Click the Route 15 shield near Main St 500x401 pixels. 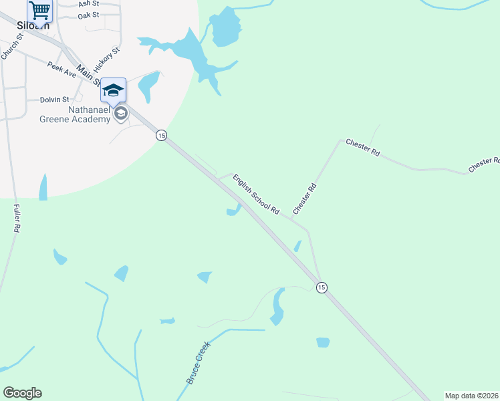coord(161,136)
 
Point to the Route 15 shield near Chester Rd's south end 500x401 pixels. coord(322,287)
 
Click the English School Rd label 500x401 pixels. coord(256,194)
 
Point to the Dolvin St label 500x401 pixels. coord(55,100)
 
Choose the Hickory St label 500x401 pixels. coord(107,59)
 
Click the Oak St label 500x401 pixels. coord(88,15)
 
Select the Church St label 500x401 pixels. coord(12,46)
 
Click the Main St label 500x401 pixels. coord(88,76)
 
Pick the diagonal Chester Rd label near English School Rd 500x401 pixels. coord(303,199)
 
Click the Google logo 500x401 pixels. coord(22,393)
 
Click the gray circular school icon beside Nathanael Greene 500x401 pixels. coord(120,114)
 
